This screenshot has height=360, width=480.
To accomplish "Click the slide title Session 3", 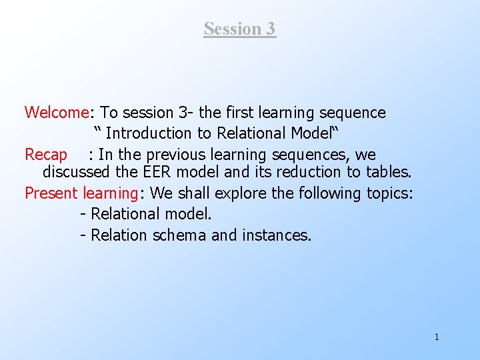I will [239, 29].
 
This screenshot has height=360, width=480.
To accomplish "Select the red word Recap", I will [46, 155].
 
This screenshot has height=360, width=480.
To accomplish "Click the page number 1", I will [437, 337].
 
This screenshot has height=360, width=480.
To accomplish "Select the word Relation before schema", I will [119, 235].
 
